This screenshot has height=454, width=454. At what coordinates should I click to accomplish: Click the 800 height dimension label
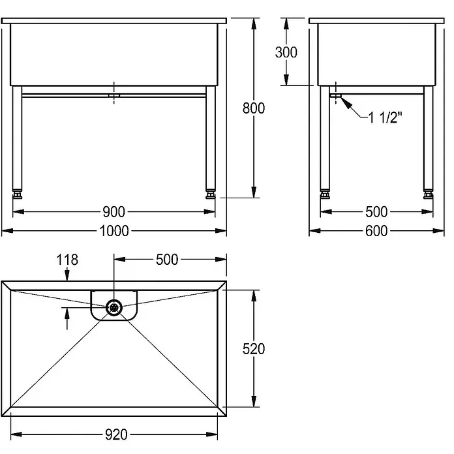[254, 108]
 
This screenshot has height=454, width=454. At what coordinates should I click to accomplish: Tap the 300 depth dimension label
[286, 52]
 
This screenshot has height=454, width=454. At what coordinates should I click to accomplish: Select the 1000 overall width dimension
[114, 231]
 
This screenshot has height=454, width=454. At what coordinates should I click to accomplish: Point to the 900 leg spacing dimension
[113, 211]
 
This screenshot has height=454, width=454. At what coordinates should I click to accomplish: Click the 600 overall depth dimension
[376, 231]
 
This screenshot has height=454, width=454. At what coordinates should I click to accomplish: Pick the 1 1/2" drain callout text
[386, 117]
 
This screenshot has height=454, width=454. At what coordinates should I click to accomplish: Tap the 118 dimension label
[67, 260]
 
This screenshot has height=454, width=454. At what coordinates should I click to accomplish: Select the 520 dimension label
[254, 348]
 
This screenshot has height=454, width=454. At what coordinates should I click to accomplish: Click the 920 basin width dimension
[116, 434]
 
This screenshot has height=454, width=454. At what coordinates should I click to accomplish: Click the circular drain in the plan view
[114, 307]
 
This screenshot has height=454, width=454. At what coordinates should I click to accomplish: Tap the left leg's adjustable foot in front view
[17, 194]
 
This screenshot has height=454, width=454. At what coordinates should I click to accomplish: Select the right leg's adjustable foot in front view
[211, 194]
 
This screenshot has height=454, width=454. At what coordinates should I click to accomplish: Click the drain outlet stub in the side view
[336, 95]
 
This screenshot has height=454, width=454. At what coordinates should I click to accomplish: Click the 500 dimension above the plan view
[167, 260]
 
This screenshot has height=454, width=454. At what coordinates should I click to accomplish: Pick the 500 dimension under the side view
[376, 211]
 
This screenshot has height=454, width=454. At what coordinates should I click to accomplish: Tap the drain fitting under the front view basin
[114, 95]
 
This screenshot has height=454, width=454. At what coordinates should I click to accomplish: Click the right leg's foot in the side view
[428, 194]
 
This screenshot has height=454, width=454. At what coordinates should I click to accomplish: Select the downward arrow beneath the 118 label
[67, 274]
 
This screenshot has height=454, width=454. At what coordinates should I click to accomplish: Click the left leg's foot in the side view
[325, 194]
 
